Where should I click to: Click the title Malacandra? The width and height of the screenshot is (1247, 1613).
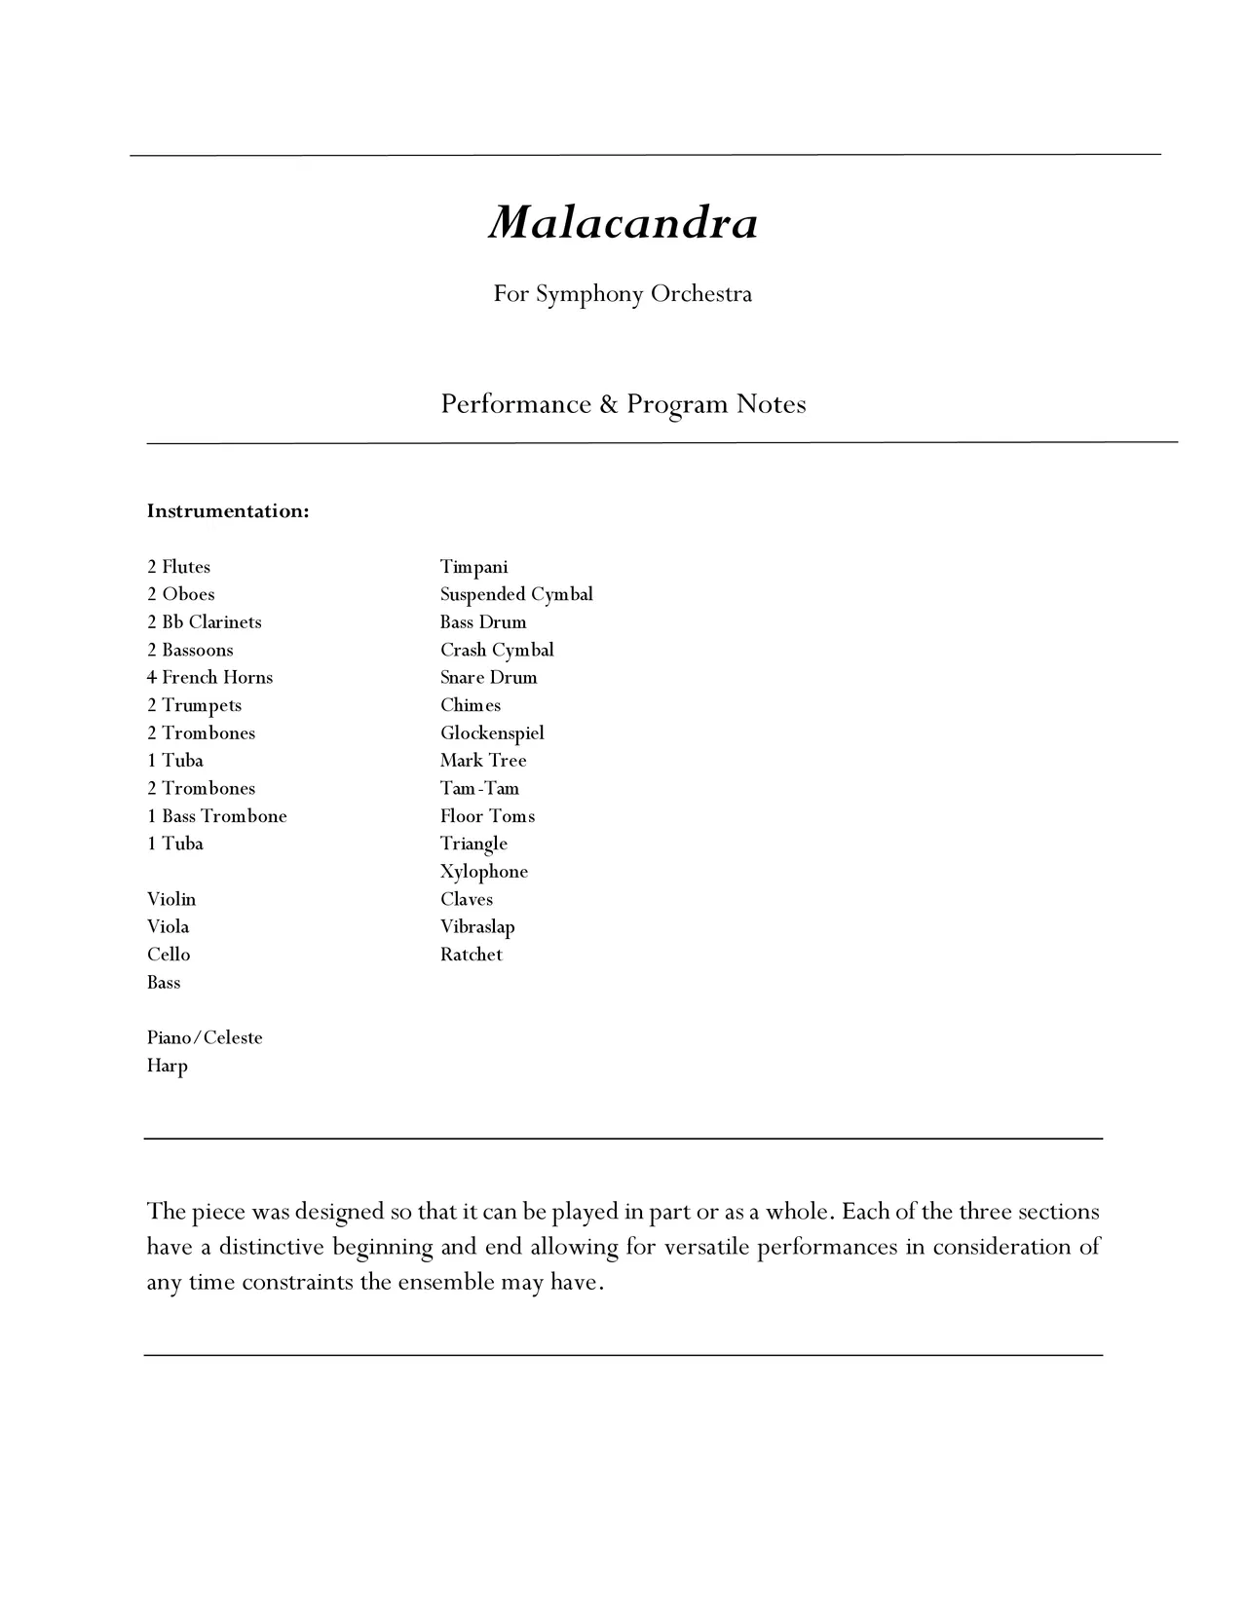point(623,222)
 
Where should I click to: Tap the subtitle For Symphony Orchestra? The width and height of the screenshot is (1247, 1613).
point(623,294)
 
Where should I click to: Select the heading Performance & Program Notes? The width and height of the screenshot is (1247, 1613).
point(623,404)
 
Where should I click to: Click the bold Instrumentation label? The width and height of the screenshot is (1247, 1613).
point(228,511)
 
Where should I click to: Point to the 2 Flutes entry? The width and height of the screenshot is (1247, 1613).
point(178,567)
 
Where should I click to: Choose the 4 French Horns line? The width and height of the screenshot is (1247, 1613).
point(209,678)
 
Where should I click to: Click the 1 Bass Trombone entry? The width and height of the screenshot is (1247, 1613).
point(216,816)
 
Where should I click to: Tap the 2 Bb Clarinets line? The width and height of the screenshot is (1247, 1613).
point(204,622)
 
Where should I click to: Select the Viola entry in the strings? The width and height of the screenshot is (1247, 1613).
point(168,927)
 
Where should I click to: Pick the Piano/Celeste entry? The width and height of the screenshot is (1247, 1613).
point(205,1038)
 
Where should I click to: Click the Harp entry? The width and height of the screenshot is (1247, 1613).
point(167,1066)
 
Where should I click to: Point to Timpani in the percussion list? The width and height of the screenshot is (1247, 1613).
point(473,567)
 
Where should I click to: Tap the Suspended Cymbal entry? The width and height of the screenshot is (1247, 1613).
point(516,594)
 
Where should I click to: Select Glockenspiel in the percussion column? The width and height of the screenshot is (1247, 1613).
point(492,733)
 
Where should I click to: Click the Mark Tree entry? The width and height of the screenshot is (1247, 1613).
point(483,761)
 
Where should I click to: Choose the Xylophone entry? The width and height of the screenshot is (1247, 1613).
point(484,872)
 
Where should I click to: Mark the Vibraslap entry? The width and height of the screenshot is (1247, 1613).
point(477,927)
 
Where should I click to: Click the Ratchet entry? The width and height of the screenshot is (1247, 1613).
point(472,955)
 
